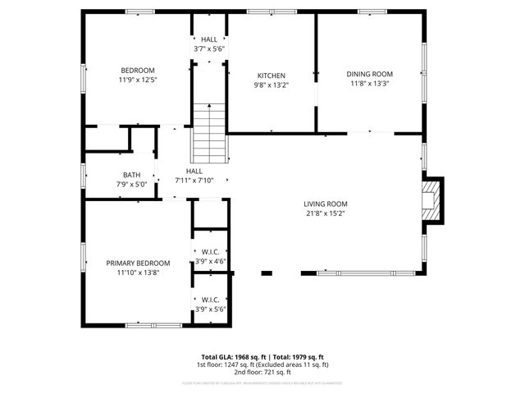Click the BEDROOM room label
point(138,71)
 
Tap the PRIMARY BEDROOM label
point(138,263)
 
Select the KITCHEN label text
point(271,75)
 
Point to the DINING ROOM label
point(369,74)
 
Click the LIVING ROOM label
point(326,204)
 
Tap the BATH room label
point(131,175)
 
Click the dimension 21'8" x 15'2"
point(326,214)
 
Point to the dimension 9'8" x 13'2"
point(271,85)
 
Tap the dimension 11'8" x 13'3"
point(369,84)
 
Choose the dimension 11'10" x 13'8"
point(138,273)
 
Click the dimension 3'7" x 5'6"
point(209,49)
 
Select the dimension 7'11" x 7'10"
point(194,181)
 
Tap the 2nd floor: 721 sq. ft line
point(262,372)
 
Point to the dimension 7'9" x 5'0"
point(131,185)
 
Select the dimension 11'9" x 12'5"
point(138,80)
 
